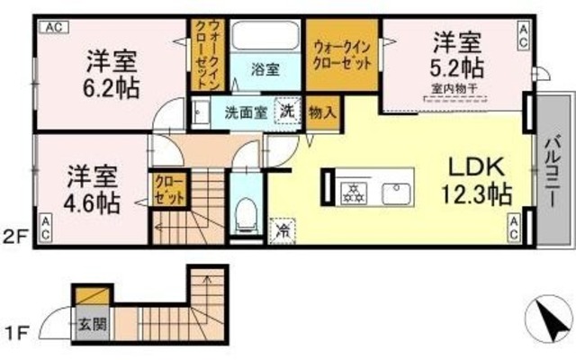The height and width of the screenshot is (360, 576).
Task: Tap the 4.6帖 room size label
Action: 92,202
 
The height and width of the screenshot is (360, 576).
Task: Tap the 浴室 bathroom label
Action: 265,68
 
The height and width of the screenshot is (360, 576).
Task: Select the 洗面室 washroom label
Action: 244,113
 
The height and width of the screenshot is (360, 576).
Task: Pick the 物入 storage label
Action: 321,112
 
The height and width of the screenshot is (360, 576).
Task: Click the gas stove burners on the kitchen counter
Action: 351,191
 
